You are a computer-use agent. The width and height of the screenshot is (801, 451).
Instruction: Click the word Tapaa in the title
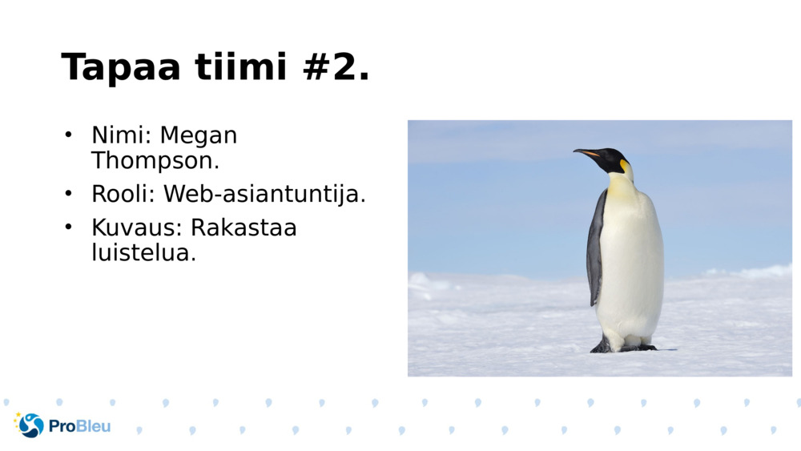click(121, 67)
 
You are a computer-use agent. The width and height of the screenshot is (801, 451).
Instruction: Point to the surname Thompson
click(155, 160)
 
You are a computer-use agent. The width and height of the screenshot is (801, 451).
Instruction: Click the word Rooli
click(125, 194)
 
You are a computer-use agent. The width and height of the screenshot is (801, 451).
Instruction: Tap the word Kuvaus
click(136, 228)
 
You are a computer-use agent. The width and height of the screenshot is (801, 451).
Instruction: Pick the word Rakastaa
click(244, 228)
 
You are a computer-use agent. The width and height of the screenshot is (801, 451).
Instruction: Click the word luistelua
click(143, 253)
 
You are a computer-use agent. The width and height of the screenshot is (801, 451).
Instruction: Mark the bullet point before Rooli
click(69, 193)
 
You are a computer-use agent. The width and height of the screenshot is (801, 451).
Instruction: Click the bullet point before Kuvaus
click(69, 227)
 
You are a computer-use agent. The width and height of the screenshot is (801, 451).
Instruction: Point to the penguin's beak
click(587, 152)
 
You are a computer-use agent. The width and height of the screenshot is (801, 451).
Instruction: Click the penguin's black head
click(613, 159)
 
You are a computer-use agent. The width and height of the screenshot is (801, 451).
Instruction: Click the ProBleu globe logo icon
click(30, 425)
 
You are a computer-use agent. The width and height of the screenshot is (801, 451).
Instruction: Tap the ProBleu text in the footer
click(79, 426)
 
